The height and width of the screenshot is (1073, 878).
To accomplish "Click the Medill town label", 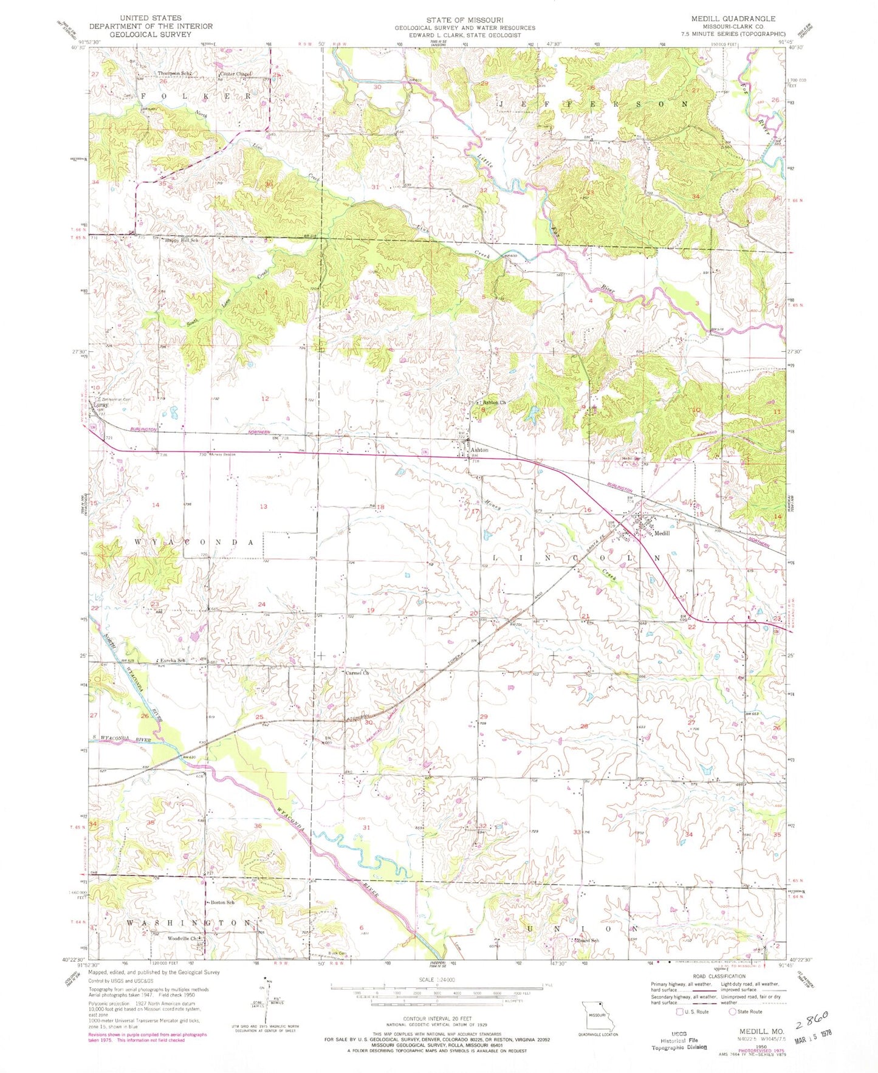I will [662, 533].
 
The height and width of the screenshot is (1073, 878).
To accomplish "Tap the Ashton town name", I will [479, 450].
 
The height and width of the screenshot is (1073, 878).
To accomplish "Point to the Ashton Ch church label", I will [493, 403].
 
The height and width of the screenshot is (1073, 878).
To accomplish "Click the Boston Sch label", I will [222, 902].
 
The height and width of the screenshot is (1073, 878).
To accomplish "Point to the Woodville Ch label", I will [183, 938].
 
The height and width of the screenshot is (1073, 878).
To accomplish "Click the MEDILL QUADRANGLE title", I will [733, 19].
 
